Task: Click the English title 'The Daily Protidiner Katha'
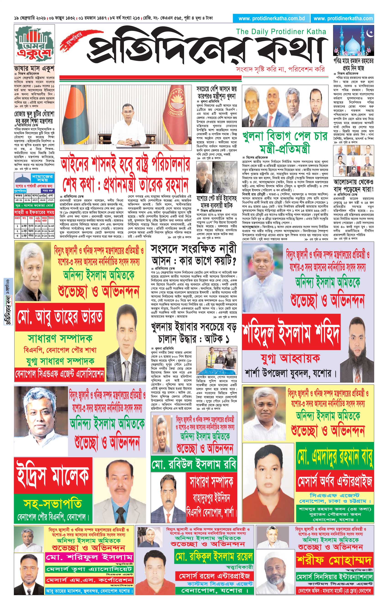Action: pos(281,32)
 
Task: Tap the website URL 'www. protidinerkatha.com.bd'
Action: pos(272,18)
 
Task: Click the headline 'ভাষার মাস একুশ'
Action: pos(34,69)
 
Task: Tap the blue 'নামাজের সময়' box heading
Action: pos(42,179)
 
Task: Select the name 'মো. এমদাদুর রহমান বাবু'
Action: pos(335,456)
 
